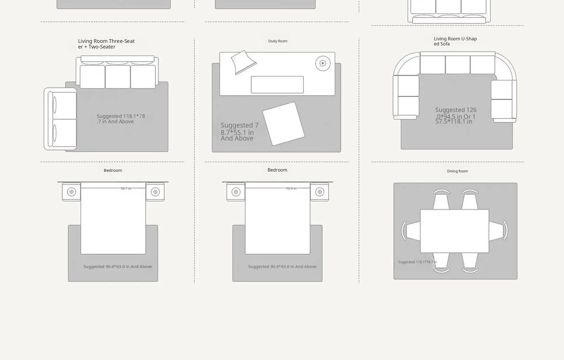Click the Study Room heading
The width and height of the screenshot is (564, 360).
(277, 41)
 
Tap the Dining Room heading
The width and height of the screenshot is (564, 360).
(457, 171)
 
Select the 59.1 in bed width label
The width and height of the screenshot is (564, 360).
(126, 189)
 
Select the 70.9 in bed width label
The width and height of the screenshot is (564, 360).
(291, 189)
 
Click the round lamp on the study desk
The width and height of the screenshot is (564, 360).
(323, 63)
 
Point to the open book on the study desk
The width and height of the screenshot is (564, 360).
(243, 62)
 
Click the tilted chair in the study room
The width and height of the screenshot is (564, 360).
(283, 124)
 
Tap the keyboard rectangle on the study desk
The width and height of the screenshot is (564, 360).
(277, 85)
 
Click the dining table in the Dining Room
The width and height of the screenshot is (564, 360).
(455, 231)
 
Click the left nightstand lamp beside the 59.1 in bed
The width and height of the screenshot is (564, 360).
(72, 192)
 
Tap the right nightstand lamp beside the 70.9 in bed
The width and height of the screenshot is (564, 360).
(320, 192)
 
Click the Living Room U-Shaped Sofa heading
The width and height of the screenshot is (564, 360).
(455, 41)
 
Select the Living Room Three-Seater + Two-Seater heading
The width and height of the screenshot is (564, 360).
(106, 44)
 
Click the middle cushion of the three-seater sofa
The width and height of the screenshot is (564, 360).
(118, 77)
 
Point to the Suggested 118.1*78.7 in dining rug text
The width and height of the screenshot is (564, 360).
(417, 262)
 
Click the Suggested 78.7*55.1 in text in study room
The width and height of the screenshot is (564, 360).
(239, 131)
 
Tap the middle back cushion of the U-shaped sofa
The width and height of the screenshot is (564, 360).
(458, 65)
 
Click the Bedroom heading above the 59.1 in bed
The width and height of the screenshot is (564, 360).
(113, 170)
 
